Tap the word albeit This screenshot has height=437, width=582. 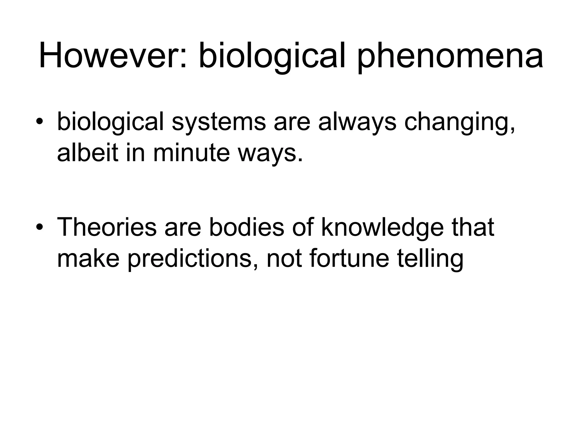pyautogui.click(x=88, y=153)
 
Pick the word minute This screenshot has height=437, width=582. pyautogui.click(x=191, y=153)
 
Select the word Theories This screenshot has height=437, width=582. pyautogui.click(x=107, y=227)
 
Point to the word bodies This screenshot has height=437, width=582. pyautogui.click(x=247, y=227)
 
